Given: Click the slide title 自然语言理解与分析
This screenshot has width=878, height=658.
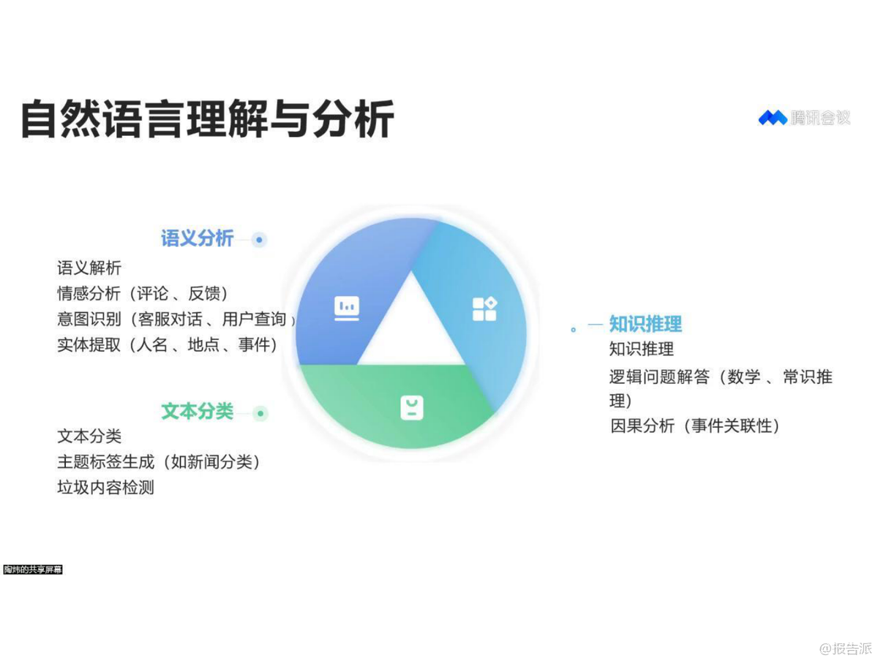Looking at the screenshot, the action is tap(208, 119).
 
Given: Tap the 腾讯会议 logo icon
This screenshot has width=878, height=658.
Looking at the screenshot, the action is tap(772, 118).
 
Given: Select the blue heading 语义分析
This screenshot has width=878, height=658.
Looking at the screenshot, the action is tap(198, 238).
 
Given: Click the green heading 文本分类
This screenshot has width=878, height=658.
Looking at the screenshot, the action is tap(198, 412).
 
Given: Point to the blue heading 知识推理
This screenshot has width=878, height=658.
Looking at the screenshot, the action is tap(645, 324).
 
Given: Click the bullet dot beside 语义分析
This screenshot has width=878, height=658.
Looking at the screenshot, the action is tap(259, 240).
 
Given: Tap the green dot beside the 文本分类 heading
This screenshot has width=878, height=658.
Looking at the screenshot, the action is tap(260, 414).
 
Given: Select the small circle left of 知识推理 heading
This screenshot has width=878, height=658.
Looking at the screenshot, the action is tap(573, 330).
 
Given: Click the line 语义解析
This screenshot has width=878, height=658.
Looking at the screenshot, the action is tap(89, 268).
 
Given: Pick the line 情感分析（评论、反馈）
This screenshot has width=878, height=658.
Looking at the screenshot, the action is tap(143, 294).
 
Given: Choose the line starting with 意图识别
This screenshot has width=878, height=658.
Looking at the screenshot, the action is tap(176, 319).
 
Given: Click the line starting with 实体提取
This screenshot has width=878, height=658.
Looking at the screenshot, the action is tap(168, 344).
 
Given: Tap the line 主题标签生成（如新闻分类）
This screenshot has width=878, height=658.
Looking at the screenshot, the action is tap(159, 462).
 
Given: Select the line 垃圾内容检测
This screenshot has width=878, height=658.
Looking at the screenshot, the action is tap(105, 488).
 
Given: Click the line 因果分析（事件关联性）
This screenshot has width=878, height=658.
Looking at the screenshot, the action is tap(695, 426).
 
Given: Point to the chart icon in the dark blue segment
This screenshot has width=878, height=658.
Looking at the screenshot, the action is tap(346, 309).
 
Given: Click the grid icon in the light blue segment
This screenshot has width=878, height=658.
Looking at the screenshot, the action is tap(484, 309).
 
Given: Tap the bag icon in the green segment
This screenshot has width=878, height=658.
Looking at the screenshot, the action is tap(412, 408).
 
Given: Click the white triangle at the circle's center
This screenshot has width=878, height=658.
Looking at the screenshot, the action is tap(411, 332).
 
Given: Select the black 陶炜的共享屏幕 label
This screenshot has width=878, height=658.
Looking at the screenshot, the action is tap(33, 570).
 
